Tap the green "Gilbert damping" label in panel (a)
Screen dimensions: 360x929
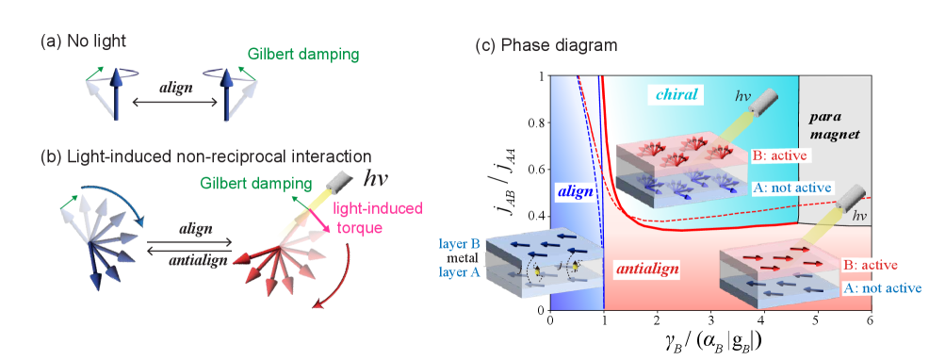pos(303,55)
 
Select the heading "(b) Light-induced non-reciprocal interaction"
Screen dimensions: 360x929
pos(205,156)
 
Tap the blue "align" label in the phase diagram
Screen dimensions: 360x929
pos(575,190)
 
